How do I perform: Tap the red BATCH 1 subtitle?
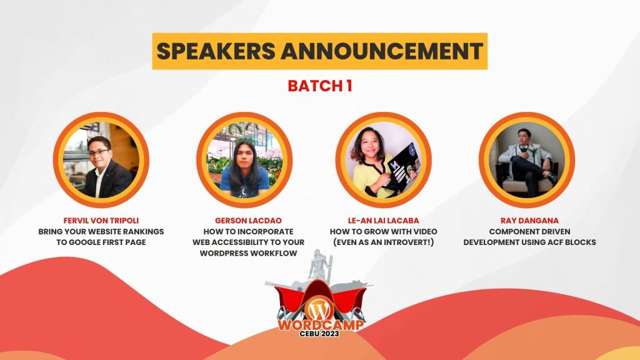[x=319, y=86]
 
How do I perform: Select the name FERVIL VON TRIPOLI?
[x=101, y=221]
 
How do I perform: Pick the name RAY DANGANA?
[x=526, y=221]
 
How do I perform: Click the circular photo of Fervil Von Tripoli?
[x=101, y=160]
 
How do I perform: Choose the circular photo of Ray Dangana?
[x=526, y=160]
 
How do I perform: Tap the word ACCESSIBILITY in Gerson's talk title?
[x=247, y=242]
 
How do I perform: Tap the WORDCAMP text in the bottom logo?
[x=319, y=325]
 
